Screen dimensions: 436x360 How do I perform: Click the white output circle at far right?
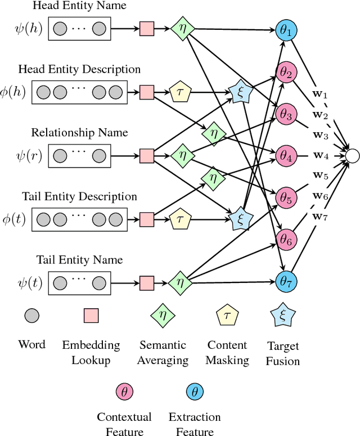point(352,155)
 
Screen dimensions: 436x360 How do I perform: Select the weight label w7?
point(319,217)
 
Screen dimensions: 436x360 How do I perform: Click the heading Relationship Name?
point(79,133)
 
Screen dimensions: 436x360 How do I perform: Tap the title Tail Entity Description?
point(79,196)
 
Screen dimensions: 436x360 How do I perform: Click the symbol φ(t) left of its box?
point(13,219)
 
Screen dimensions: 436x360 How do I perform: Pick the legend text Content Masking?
point(227,353)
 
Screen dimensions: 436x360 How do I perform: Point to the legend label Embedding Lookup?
point(91,352)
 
